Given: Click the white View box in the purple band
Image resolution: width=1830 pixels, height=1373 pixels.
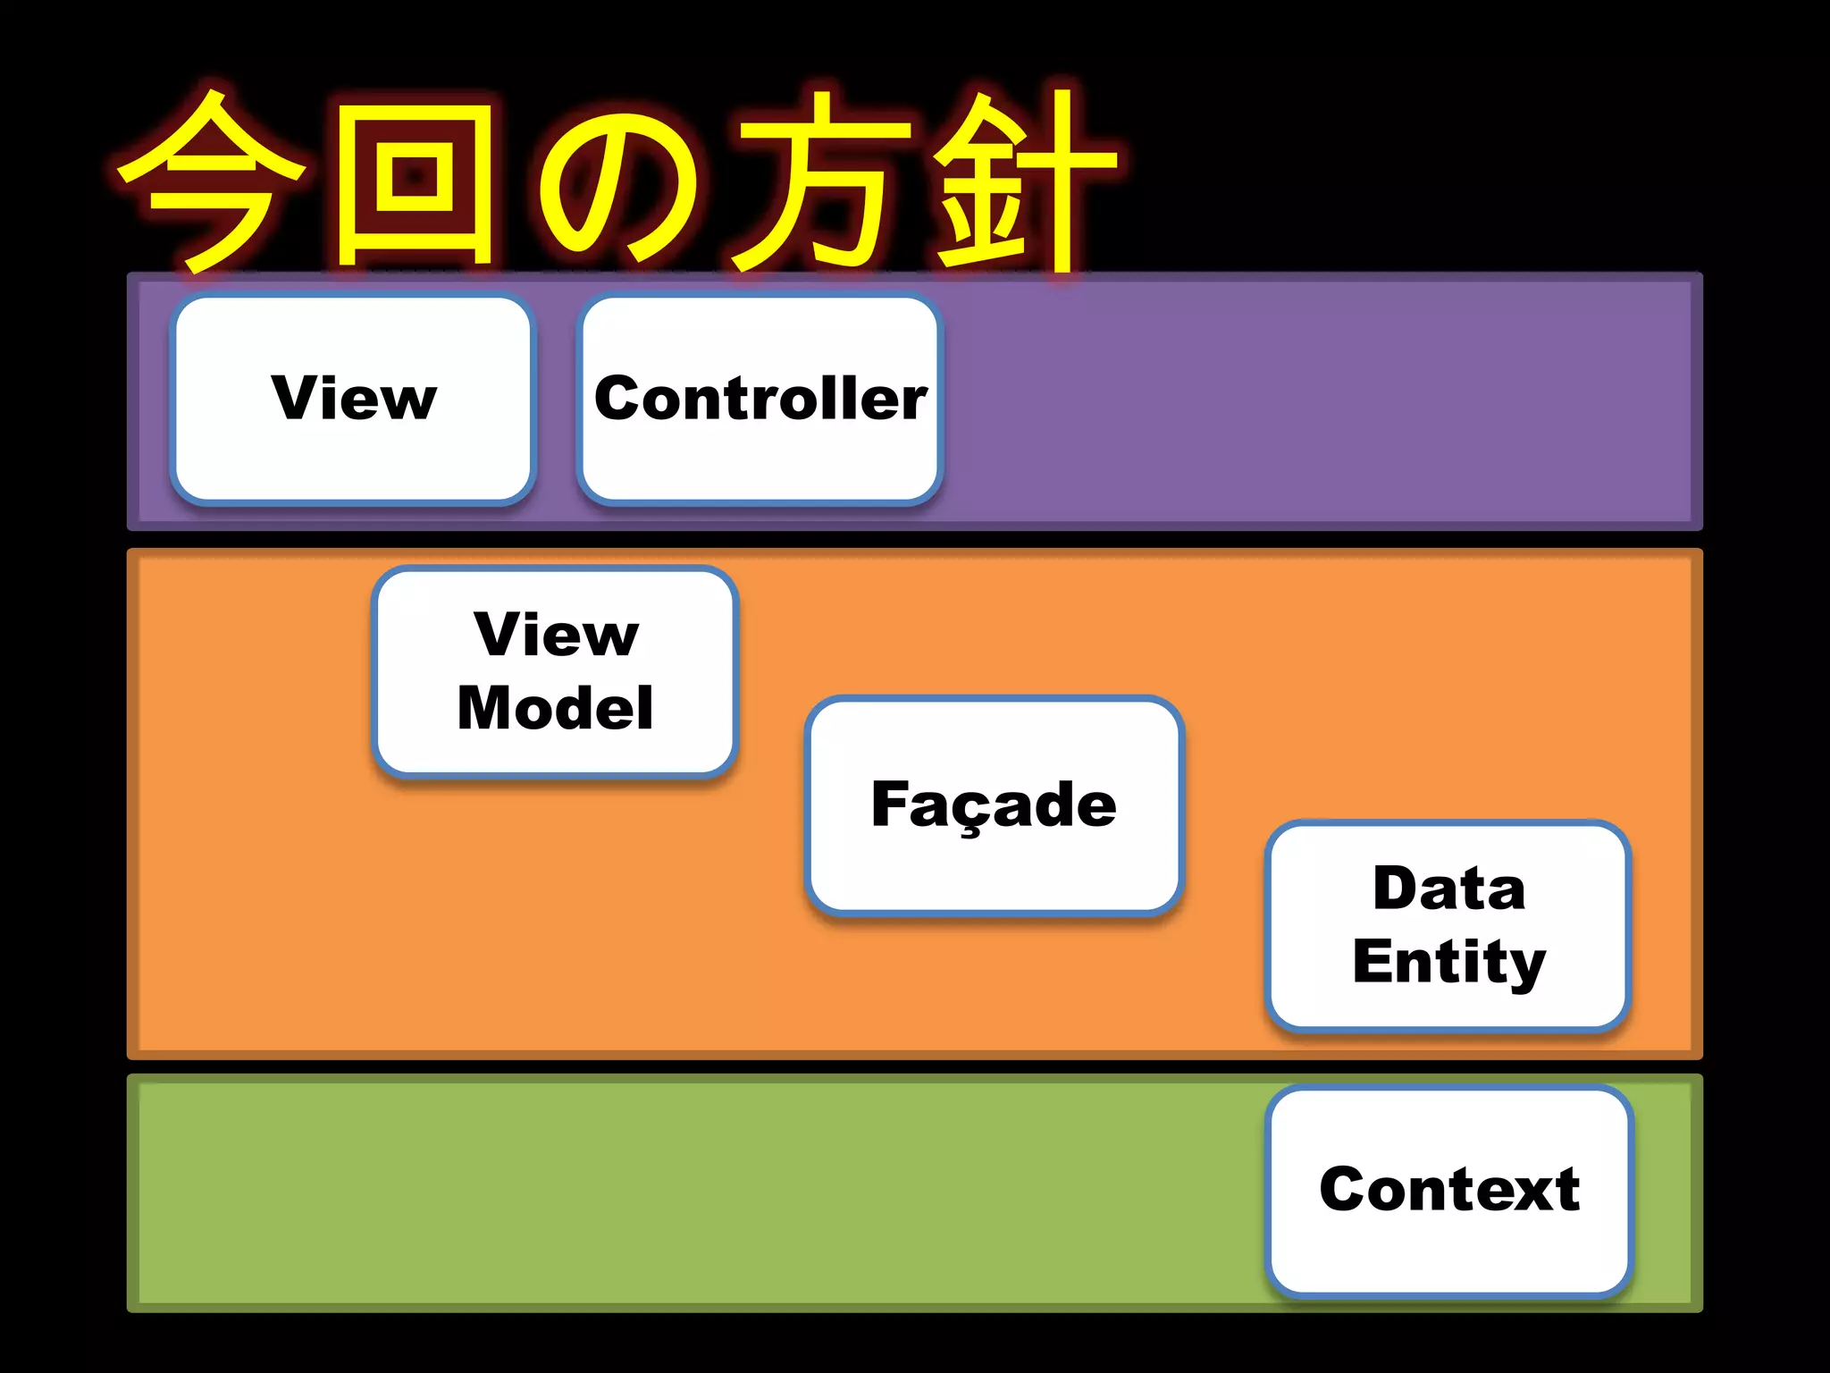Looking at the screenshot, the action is [353, 400].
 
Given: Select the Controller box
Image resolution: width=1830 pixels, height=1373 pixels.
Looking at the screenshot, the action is [760, 400].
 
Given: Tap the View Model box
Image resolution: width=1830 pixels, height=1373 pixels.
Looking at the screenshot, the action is [555, 671].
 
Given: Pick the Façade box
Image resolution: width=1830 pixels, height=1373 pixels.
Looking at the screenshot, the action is [994, 804].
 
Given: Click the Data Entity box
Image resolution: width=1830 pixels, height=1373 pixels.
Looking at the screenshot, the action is [1448, 925].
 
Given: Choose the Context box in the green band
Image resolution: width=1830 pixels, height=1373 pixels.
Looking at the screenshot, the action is [1448, 1190].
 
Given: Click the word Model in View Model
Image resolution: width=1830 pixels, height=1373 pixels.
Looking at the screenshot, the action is [555, 708].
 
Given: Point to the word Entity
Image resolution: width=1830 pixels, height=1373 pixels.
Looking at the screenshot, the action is [1448, 962].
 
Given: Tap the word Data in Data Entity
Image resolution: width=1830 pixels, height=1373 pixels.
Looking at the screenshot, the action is [1448, 889].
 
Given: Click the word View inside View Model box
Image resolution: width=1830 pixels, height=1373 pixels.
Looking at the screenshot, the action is [556, 635].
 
